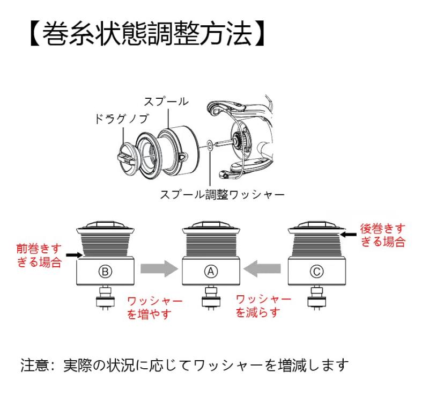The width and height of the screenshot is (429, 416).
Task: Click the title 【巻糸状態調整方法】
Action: (148, 34)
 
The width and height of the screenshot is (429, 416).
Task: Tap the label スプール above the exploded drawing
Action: (166, 101)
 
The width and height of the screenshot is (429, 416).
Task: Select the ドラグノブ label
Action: (122, 119)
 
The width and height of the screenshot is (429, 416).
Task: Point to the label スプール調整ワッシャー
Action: (222, 195)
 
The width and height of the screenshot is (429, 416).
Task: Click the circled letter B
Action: (105, 272)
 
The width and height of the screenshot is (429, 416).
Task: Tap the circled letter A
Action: (211, 272)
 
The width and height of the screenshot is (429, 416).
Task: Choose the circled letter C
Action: (317, 272)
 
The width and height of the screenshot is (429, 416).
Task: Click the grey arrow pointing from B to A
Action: (159, 269)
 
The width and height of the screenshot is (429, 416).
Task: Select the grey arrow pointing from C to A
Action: (262, 269)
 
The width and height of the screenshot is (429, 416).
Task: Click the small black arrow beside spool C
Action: (348, 235)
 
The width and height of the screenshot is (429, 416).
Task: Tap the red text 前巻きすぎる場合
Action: (39, 256)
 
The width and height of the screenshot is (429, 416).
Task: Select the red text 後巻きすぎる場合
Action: (382, 235)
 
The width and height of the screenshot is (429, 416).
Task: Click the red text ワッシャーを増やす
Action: (154, 308)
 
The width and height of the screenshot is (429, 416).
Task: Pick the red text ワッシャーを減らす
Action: (263, 306)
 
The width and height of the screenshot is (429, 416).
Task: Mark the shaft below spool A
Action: (211, 298)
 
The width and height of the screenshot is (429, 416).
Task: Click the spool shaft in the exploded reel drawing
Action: (225, 143)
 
